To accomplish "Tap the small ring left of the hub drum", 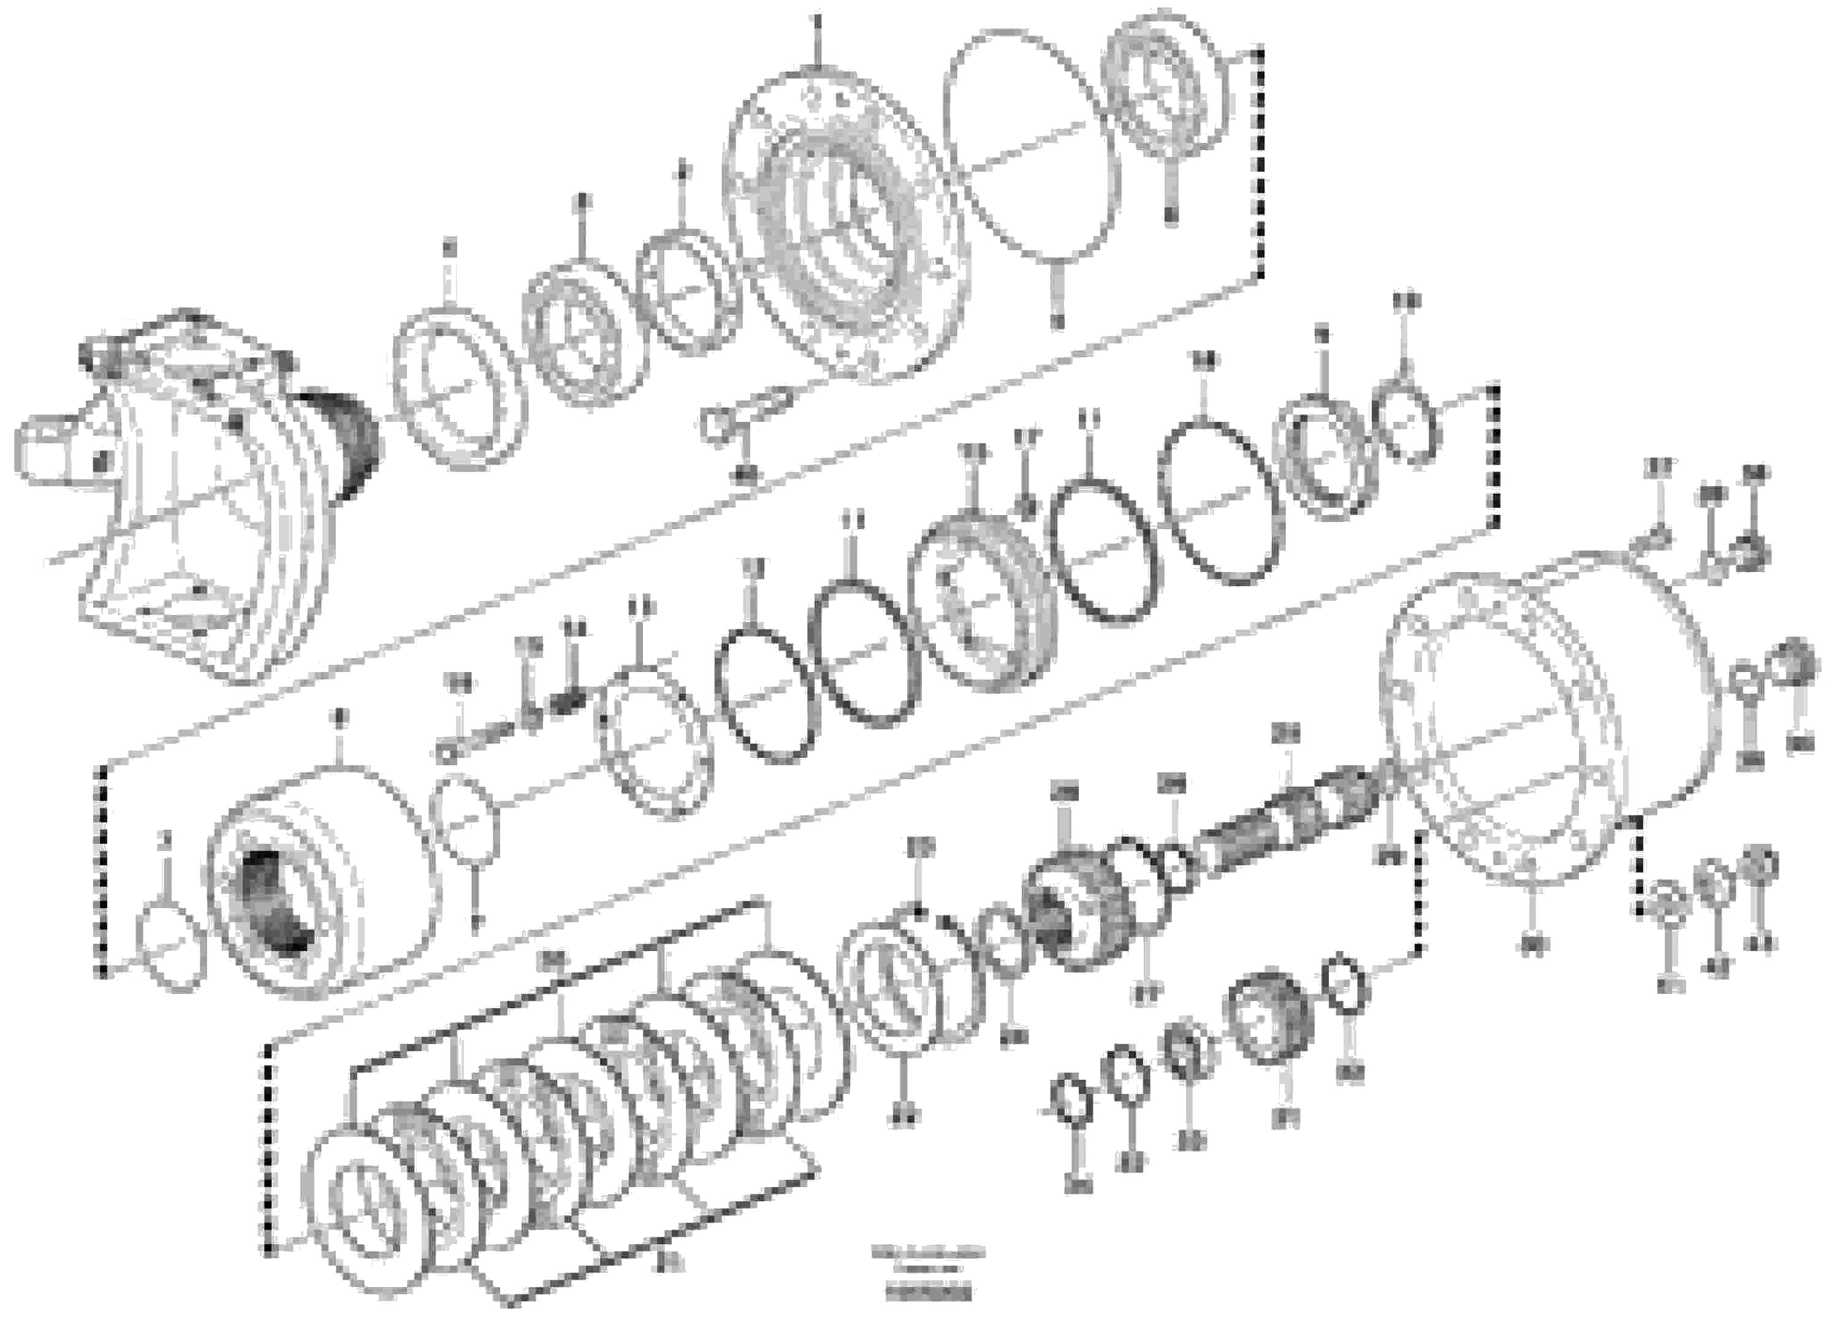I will [169, 948].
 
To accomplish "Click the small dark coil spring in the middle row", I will [572, 700].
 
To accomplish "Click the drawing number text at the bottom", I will [927, 1282].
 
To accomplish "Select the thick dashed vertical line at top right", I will [1260, 161].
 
